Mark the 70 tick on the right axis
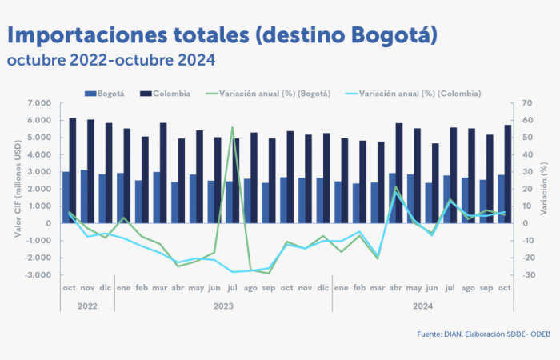pyautogui.click(x=526, y=104)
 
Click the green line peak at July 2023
pyautogui.click(x=232, y=128)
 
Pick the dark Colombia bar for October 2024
pyautogui.click(x=508, y=173)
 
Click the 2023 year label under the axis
pyautogui.click(x=224, y=306)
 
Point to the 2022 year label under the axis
pyautogui.click(x=87, y=306)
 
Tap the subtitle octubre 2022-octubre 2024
pyautogui.click(x=111, y=60)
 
